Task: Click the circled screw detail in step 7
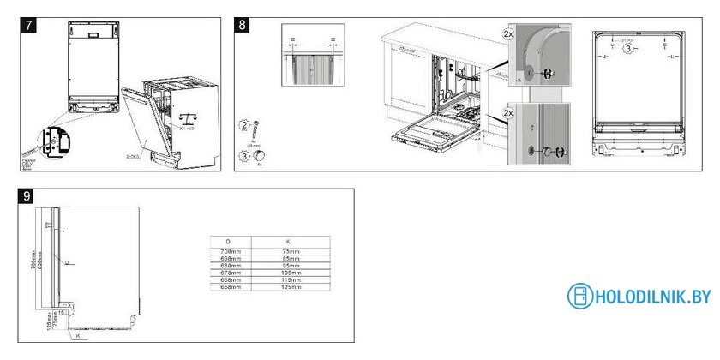[x=53, y=140]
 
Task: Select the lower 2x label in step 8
[x=508, y=113]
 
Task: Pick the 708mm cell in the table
[x=227, y=251]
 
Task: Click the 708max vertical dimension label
[x=33, y=249]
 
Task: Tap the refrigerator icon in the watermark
[x=580, y=297]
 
